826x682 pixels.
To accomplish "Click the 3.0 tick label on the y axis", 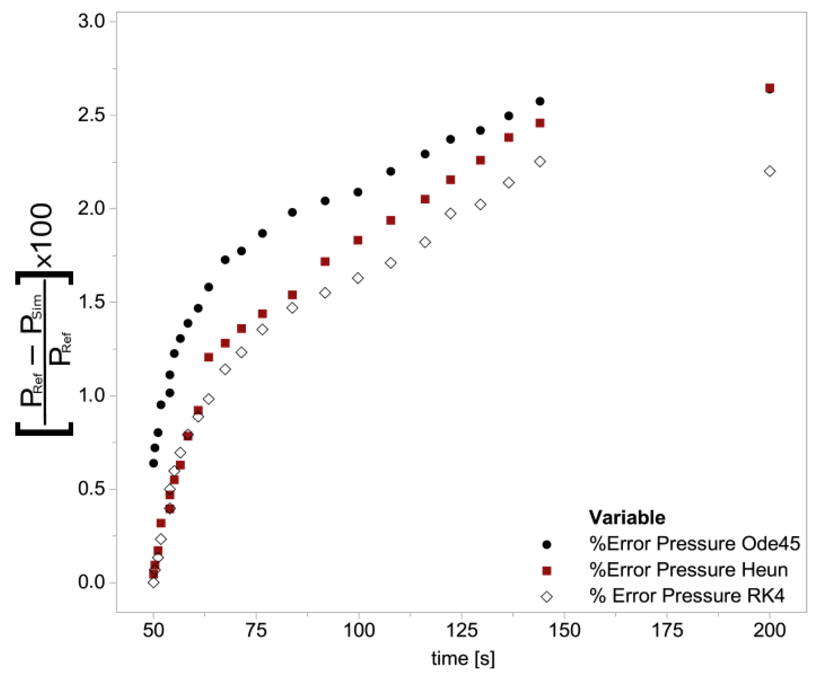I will click(91, 21).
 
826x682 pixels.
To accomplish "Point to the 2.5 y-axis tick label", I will click(91, 114).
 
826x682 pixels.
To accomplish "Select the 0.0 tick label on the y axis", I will click(91, 582).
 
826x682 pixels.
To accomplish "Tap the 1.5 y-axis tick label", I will click(91, 302).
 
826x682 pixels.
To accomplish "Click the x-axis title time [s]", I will click(463, 658).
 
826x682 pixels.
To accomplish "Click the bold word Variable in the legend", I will click(627, 518).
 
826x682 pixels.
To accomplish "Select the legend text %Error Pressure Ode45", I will click(695, 544).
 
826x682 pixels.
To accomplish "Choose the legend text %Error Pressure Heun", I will click(688, 570).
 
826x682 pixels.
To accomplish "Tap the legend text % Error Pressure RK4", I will click(687, 596).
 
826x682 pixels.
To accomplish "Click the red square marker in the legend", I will click(547, 571).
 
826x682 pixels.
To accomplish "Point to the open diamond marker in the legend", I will click(547, 597).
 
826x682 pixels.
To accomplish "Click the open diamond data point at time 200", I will click(769, 171).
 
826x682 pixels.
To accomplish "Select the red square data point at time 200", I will click(769, 88).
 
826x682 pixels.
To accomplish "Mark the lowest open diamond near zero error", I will click(153, 582).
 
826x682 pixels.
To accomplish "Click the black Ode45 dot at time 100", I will click(358, 192).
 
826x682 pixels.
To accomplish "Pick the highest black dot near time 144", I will click(540, 101).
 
